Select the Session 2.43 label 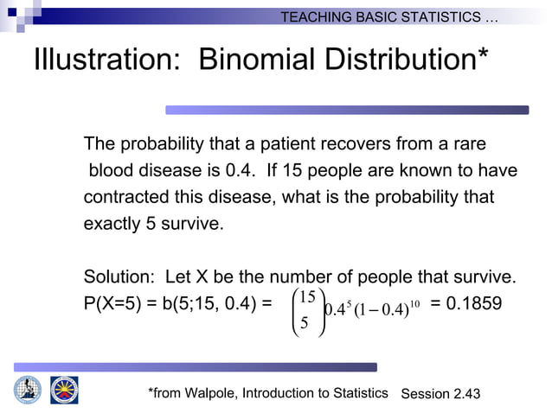point(440,394)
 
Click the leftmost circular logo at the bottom point(27,390)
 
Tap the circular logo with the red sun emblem point(64,390)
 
